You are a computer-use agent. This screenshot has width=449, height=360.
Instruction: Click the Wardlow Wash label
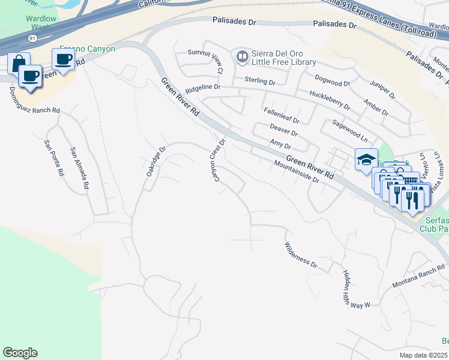point(41,23)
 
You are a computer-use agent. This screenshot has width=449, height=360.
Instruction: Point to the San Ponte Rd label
point(53,158)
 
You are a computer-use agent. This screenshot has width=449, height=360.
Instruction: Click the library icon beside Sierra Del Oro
point(243,57)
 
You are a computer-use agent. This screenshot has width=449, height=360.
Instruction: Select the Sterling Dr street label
point(260,80)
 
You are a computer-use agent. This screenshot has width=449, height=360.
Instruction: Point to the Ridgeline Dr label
point(203,88)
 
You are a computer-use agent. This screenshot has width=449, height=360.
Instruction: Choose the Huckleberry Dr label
point(330,100)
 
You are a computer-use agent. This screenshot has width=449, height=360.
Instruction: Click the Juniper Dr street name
point(383,88)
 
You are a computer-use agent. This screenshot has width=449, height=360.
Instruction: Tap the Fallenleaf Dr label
point(281,116)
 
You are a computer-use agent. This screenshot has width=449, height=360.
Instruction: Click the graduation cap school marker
point(366,160)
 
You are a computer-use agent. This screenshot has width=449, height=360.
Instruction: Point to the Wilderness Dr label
point(300,254)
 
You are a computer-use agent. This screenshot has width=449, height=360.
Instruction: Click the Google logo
point(20,353)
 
